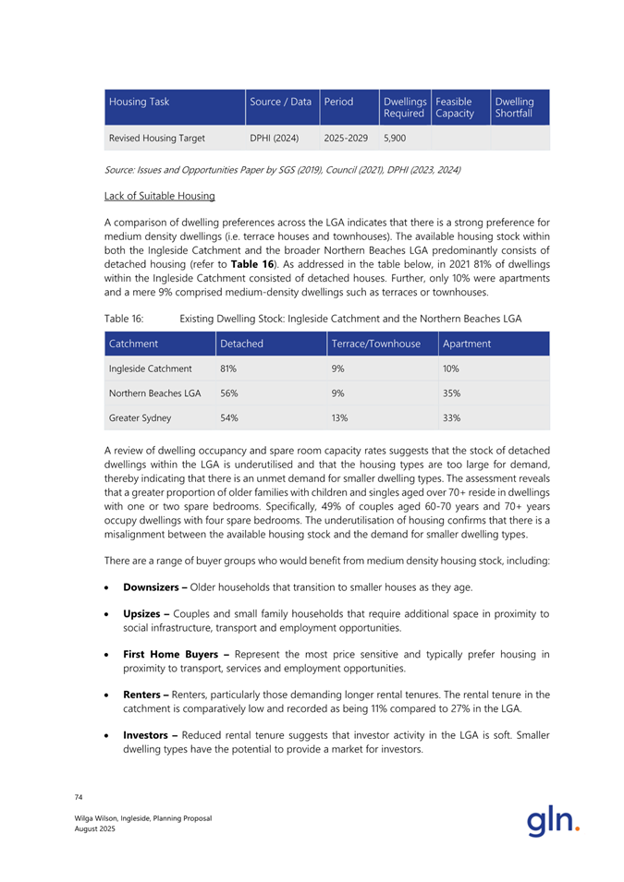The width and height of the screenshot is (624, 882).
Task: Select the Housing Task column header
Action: click(135, 99)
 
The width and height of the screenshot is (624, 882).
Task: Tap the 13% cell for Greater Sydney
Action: click(339, 417)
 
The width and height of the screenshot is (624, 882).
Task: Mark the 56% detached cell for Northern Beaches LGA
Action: click(228, 393)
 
